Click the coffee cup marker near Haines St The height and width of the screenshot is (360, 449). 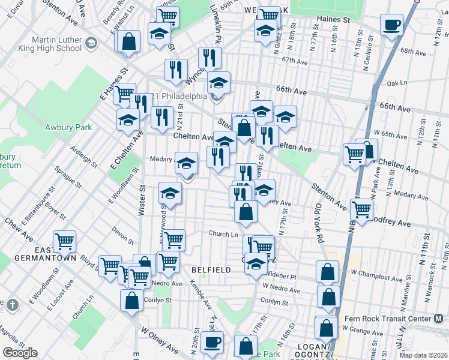pos(392,25)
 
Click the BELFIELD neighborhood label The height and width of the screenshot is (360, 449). pos(211,270)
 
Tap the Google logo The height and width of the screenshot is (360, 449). pos(20,353)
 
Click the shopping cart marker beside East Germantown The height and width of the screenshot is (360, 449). pos(64,241)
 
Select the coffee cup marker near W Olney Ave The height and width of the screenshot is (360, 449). pos(212,343)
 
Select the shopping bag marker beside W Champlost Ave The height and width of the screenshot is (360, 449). pos(327,272)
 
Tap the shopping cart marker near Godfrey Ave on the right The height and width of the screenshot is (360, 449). pos(362,209)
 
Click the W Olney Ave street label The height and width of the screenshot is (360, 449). pos(160,338)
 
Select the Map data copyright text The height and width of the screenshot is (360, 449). pos(424,355)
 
